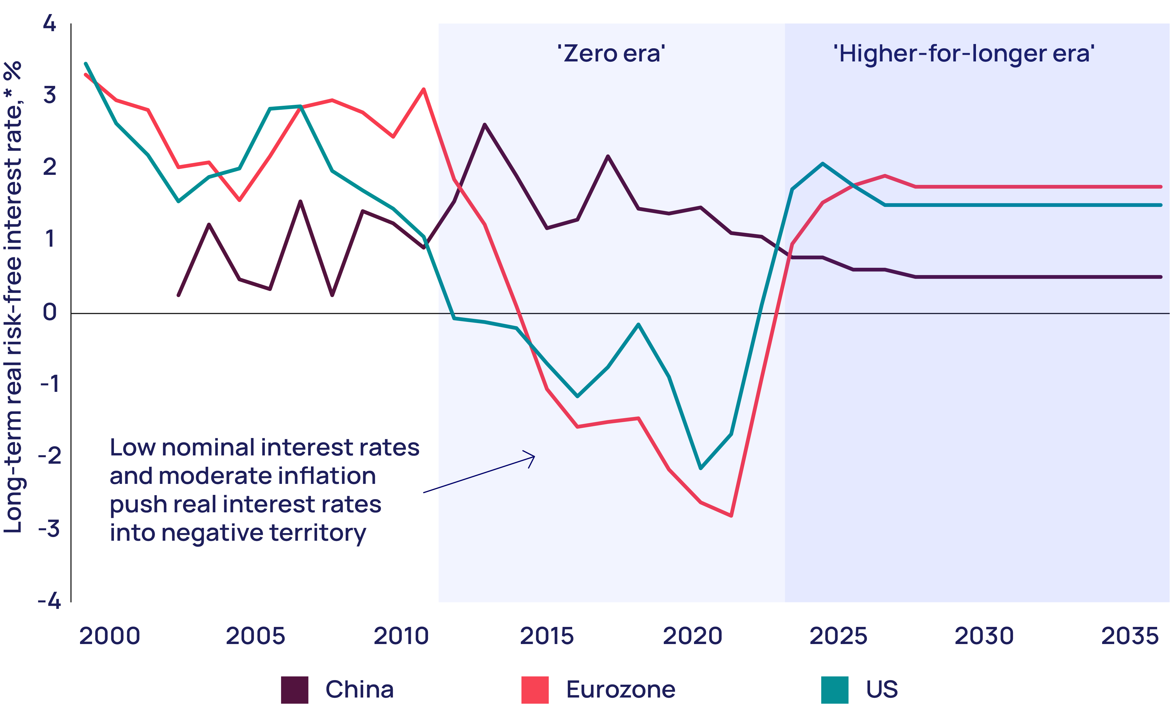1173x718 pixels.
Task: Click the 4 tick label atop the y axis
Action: click(x=49, y=23)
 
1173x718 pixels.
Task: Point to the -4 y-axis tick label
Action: click(x=49, y=601)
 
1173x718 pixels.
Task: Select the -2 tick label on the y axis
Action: click(x=49, y=456)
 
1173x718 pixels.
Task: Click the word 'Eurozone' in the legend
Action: click(x=620, y=690)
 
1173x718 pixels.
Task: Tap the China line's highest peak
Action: click(x=484, y=125)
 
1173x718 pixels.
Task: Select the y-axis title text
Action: click(x=13, y=296)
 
